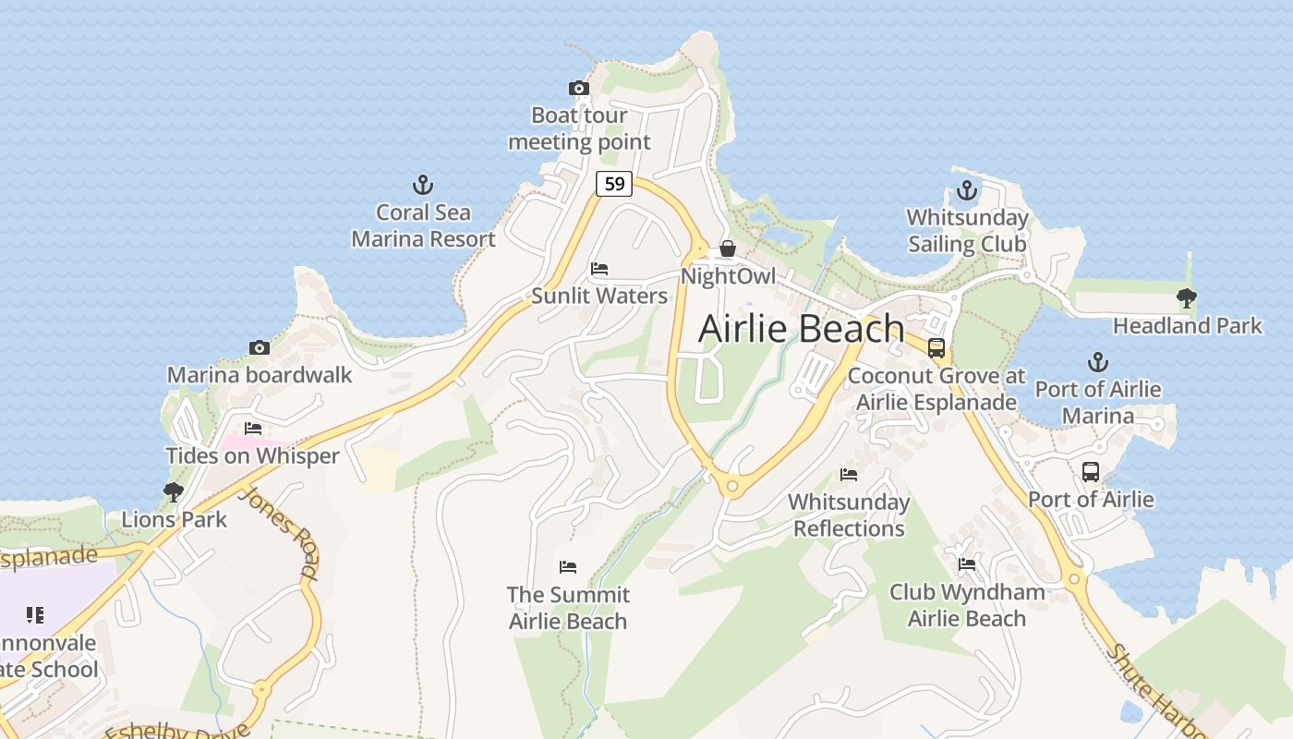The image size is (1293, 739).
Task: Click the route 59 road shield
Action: pyautogui.click(x=613, y=184)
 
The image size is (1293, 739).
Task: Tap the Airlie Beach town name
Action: pyautogui.click(x=801, y=329)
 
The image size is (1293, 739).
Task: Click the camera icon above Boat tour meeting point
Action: pyautogui.click(x=579, y=89)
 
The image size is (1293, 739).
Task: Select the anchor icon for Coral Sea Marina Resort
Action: pyautogui.click(x=422, y=185)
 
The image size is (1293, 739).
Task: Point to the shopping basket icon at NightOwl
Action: pyautogui.click(x=728, y=248)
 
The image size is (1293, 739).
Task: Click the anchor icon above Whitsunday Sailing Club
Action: pyautogui.click(x=966, y=191)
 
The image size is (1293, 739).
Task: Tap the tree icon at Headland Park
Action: pyautogui.click(x=1187, y=298)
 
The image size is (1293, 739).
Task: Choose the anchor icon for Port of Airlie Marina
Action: pyautogui.click(x=1097, y=361)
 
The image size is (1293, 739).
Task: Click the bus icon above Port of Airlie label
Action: pyautogui.click(x=1091, y=472)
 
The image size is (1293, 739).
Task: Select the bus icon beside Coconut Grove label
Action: pyautogui.click(x=937, y=348)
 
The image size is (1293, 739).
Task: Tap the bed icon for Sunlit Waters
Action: pyautogui.click(x=599, y=270)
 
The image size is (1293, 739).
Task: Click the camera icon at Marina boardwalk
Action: pyautogui.click(x=260, y=348)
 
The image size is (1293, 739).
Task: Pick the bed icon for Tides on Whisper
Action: pyautogui.click(x=253, y=429)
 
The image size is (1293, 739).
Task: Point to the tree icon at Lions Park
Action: pyautogui.click(x=173, y=492)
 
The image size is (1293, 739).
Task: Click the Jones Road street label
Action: pyautogui.click(x=278, y=532)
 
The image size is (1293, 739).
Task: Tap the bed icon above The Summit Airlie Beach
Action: pyautogui.click(x=568, y=566)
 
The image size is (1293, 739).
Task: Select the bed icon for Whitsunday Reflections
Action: pyautogui.click(x=849, y=475)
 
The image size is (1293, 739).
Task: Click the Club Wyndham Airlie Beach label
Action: pyautogui.click(x=967, y=605)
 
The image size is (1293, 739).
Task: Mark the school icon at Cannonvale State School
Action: pyautogui.click(x=35, y=615)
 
